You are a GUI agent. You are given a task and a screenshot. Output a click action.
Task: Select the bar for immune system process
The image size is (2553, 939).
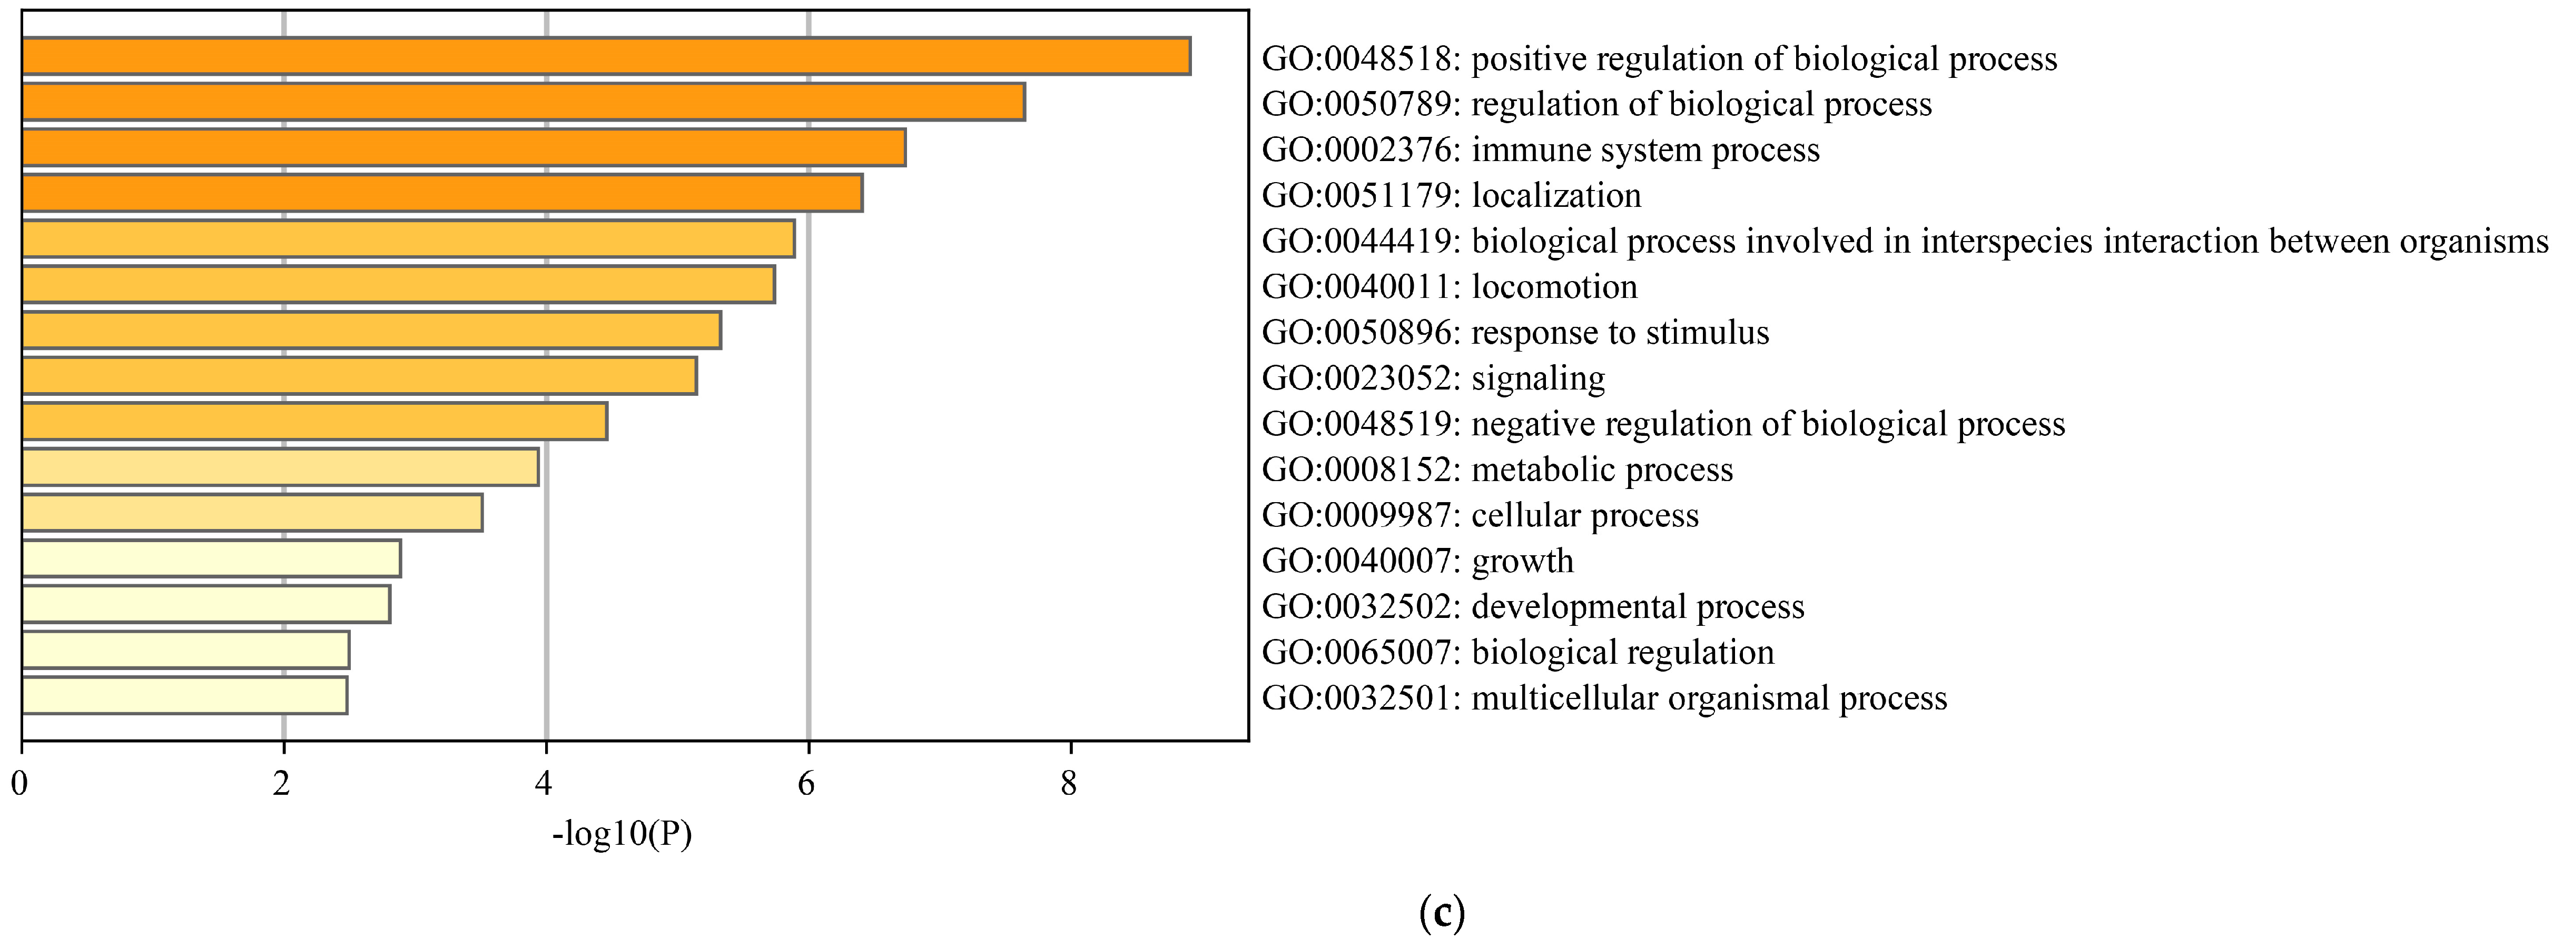[463, 147]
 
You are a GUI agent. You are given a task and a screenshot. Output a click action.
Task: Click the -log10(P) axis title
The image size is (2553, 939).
[622, 834]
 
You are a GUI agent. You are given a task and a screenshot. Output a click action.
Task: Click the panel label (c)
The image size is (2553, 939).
[1441, 911]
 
